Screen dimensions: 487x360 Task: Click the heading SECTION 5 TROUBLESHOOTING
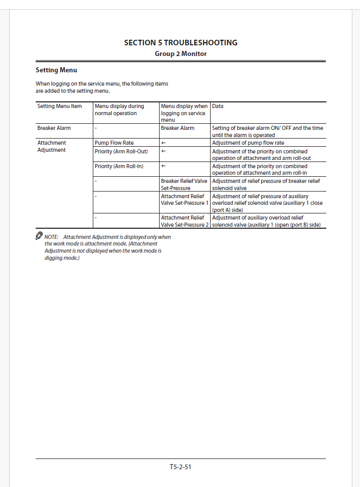coord(181,43)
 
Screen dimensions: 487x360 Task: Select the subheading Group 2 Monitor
coord(181,53)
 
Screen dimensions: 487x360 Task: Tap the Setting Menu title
coord(56,70)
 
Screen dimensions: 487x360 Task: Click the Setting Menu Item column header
coord(60,106)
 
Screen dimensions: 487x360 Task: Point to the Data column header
coord(218,106)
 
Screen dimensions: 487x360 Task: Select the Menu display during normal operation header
coord(119,110)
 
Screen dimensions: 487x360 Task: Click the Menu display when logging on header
coord(184,113)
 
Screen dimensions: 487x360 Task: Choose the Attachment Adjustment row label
coord(52,147)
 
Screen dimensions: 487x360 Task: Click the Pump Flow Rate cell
coord(114,143)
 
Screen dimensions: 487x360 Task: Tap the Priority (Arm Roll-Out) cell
coord(121,151)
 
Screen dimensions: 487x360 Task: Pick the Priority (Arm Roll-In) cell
coord(119,166)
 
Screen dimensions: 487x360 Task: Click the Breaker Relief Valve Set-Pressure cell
coord(184,184)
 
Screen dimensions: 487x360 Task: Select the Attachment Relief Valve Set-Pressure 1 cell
coord(185,199)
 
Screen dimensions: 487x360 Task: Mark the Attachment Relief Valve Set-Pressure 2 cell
coord(185,221)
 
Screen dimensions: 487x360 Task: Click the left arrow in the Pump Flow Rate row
coord(164,143)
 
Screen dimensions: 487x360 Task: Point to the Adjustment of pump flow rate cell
coord(248,143)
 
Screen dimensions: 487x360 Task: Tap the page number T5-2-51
coord(181,467)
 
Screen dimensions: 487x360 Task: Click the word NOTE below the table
coord(52,237)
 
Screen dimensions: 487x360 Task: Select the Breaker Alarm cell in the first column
coord(54,128)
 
